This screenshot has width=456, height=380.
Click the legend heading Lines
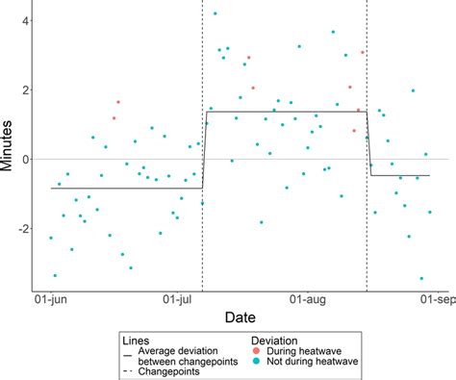pyautogui.click(x=136, y=340)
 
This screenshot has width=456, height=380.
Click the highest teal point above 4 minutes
pyautogui.click(x=215, y=13)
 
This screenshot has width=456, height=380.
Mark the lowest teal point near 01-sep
pyautogui.click(x=421, y=279)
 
